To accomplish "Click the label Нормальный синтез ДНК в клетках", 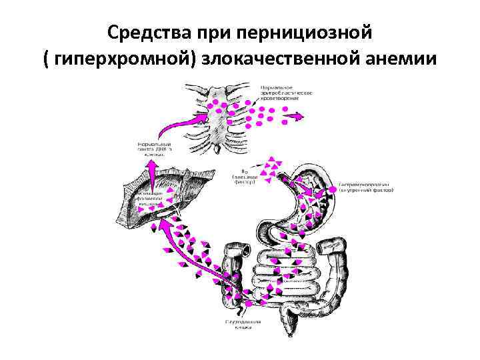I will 153,149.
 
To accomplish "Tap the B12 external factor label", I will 244,176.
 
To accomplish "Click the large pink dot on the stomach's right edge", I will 332,192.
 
